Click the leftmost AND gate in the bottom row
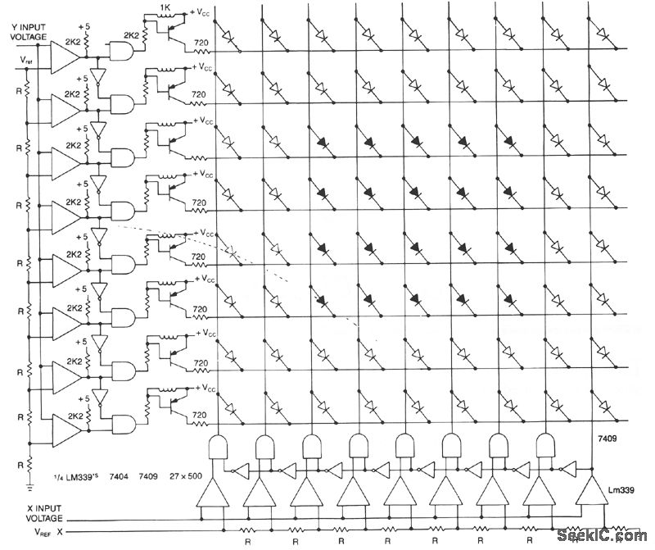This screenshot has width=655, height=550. [x=218, y=448]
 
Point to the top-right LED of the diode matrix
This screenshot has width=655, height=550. [x=603, y=36]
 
